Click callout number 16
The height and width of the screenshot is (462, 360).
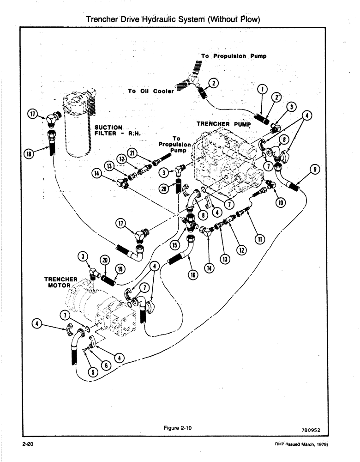pos(192,275)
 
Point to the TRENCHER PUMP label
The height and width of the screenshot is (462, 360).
pos(223,124)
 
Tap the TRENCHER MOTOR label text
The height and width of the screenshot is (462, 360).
pos(60,282)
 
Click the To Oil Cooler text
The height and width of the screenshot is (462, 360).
pos(151,91)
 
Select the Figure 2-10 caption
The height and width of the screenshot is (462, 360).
pos(178,428)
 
